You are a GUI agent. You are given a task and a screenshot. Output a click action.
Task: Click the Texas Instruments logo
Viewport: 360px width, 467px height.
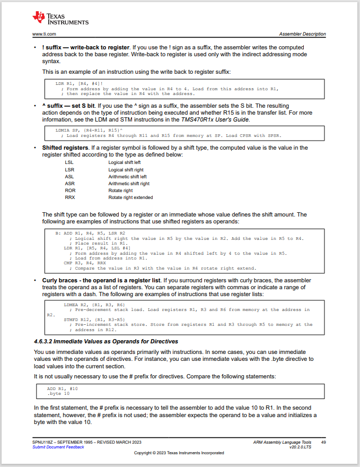tap(60, 18)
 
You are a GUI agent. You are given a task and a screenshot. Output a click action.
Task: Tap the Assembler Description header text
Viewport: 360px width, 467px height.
tap(302, 34)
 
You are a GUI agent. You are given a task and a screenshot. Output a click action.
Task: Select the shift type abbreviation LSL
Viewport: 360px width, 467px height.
tap(69, 162)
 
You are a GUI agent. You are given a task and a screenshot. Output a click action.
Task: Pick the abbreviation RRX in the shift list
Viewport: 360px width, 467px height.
tap(70, 197)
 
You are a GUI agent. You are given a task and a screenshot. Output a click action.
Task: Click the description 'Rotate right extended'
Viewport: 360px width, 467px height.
tap(130, 197)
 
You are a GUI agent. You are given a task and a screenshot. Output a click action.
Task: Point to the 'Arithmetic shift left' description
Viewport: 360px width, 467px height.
tap(127, 177)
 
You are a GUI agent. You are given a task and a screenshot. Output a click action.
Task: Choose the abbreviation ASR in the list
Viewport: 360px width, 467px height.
tap(69, 184)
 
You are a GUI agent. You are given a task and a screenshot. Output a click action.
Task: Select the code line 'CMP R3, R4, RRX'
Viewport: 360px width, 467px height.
tap(85, 263)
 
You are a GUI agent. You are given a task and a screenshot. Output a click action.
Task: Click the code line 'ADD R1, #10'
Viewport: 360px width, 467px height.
tap(63, 388)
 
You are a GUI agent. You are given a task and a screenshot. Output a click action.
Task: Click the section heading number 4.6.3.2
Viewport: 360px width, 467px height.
tap(45, 341)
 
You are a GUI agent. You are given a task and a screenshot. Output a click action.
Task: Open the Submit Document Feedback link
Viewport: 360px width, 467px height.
tap(58, 447)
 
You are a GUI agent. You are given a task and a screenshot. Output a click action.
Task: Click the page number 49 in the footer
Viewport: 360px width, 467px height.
tap(323, 442)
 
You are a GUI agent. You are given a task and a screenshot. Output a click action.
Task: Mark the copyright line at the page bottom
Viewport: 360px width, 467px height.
tap(179, 453)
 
